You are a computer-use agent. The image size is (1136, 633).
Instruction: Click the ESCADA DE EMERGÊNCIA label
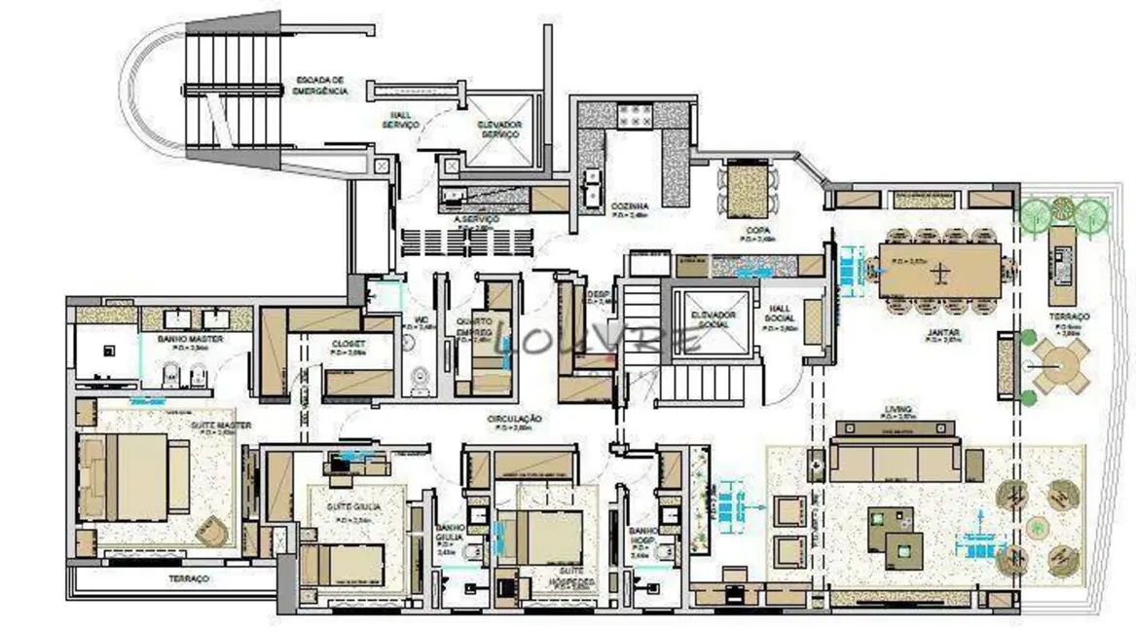(319, 85)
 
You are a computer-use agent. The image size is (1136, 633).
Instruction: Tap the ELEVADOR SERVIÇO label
(499, 130)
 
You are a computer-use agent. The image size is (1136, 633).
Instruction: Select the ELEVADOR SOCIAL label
(713, 320)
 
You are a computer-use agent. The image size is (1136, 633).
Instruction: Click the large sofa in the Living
(896, 460)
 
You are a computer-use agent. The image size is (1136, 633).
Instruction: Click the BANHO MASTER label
(191, 340)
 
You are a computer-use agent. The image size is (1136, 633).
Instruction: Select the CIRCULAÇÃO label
(515, 421)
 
